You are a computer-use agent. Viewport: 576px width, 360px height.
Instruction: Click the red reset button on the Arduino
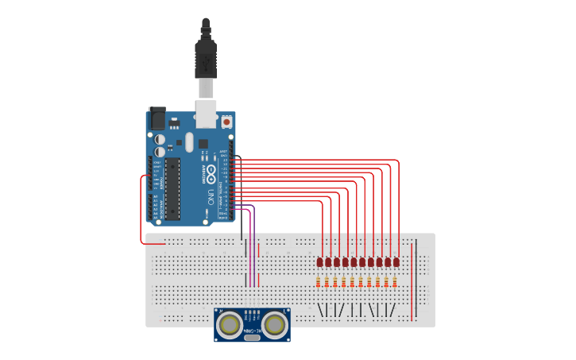point(226,122)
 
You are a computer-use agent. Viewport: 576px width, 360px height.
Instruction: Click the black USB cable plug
point(206,60)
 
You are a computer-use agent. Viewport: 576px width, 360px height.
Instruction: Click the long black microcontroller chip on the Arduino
point(172,188)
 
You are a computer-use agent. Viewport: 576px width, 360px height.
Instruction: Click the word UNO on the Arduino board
point(211,195)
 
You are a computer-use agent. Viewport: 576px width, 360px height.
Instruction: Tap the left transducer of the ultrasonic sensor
point(230,323)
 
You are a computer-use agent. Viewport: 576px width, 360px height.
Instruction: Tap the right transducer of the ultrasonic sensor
point(275,323)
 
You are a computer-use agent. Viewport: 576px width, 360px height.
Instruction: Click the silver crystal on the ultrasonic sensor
point(252,338)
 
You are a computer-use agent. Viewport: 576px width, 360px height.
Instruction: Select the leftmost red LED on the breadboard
point(319,261)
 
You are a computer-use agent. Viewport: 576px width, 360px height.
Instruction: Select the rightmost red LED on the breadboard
point(396,261)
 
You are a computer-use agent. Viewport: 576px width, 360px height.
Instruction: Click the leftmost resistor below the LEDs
point(318,281)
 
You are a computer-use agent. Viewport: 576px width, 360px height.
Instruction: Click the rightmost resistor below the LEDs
point(395,281)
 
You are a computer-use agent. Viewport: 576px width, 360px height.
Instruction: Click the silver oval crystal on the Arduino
point(189,141)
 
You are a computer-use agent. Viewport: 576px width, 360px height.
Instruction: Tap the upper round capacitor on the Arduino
point(160,139)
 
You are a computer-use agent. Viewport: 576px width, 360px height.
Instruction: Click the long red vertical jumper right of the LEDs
point(412,282)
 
